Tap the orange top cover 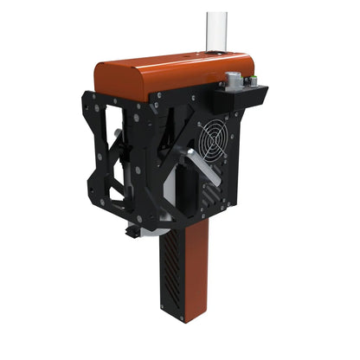tap(173, 74)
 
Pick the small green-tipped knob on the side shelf tap(252, 80)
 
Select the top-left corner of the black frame tap(87, 92)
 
